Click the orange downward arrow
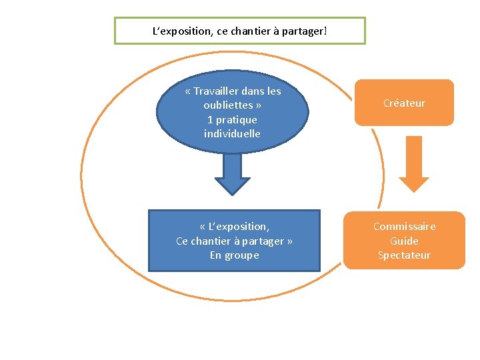[x=413, y=164]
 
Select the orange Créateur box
[x=404, y=103]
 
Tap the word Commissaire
[x=404, y=227]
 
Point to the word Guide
[x=404, y=241]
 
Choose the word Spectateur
[x=404, y=255]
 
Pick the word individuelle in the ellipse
[x=232, y=134]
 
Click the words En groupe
[x=234, y=255]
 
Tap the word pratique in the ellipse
[x=237, y=120]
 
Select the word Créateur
[x=404, y=103]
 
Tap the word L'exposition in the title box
[x=183, y=31]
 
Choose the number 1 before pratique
[x=210, y=120]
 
